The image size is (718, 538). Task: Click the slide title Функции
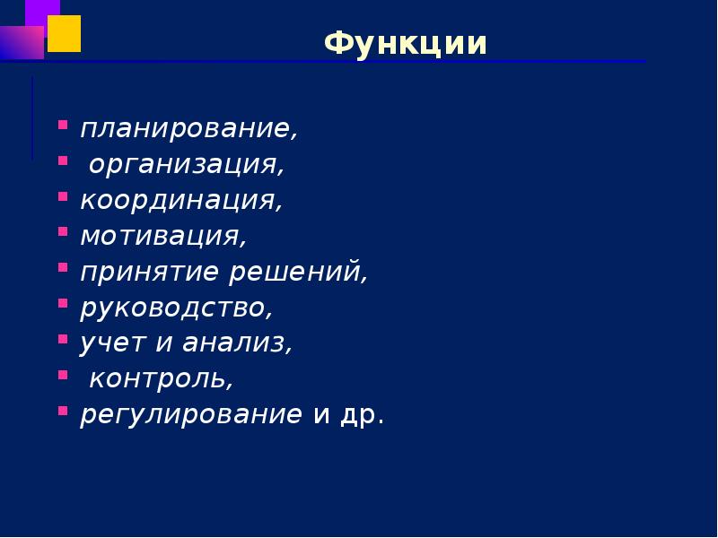406,43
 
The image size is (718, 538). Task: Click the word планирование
187,129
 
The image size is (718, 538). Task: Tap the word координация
179,200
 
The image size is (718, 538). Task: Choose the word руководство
174,308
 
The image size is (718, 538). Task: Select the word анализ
237,343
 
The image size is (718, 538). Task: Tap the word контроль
159,378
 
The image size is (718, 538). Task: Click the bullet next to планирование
63,125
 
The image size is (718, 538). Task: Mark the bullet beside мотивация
63,231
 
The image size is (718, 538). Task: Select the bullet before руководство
63,303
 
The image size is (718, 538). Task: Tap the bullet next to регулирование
63,410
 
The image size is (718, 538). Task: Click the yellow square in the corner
64,33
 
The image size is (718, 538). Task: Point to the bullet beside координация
63,195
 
